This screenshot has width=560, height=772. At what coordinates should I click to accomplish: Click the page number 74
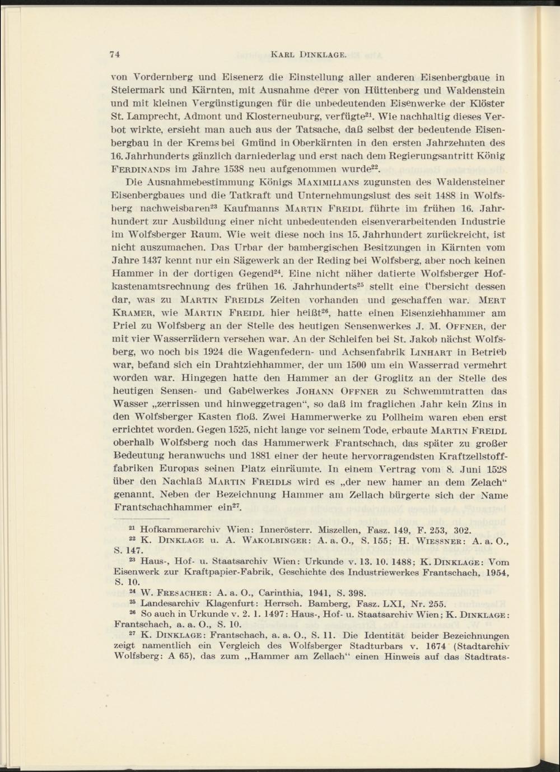(115, 54)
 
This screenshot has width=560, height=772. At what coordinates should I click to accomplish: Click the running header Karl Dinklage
(309, 54)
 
